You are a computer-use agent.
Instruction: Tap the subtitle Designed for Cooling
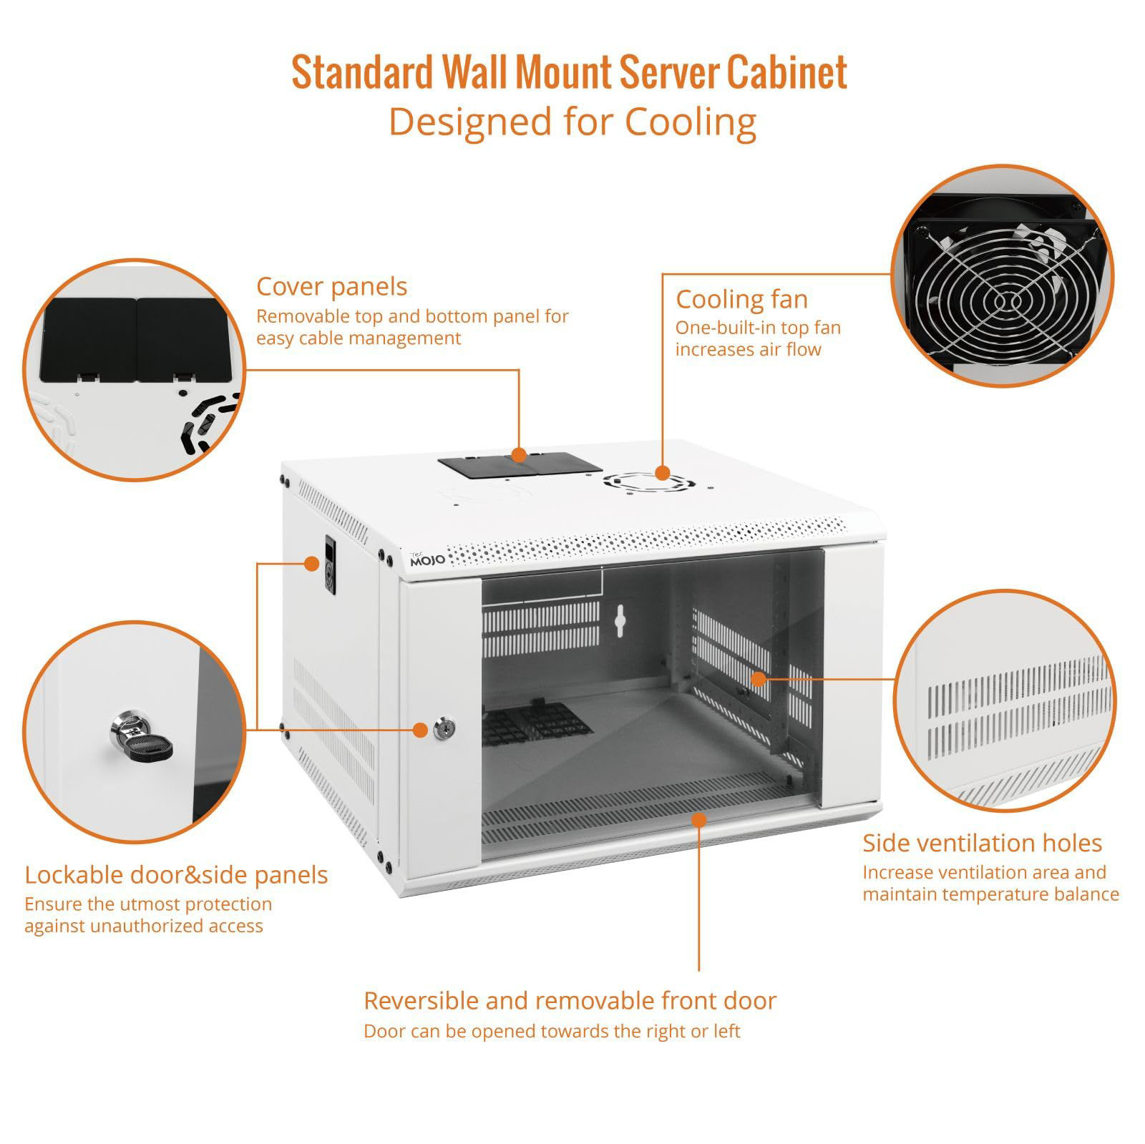point(572,122)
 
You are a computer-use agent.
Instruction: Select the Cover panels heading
point(331,287)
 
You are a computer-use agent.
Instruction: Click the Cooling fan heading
point(741,299)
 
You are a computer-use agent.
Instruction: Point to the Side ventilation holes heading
point(982,843)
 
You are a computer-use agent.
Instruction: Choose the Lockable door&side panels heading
point(176,874)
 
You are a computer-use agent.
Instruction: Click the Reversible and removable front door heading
point(570,1000)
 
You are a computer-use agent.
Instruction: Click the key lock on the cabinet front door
point(442,729)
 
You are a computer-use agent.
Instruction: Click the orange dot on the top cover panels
point(519,454)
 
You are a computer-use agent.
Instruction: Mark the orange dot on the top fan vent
point(663,473)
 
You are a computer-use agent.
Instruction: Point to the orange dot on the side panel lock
point(311,563)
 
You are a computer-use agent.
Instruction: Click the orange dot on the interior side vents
point(759,678)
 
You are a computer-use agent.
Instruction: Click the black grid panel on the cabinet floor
point(537,722)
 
